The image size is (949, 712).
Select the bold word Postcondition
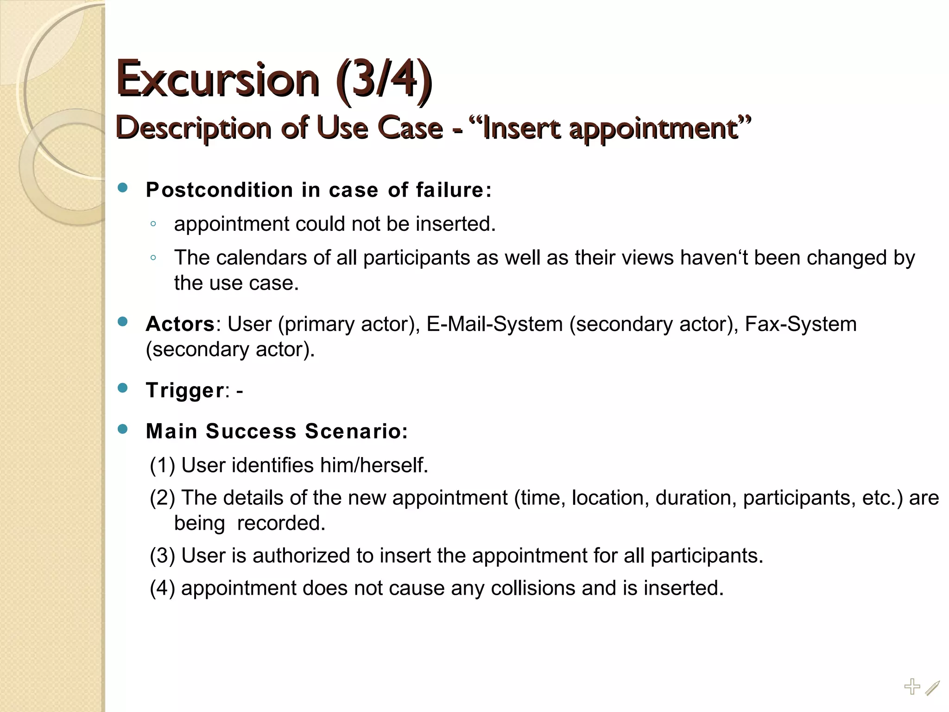click(219, 190)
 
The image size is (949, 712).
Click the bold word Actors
click(180, 324)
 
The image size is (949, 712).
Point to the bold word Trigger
click(185, 390)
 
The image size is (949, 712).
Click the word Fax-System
click(801, 324)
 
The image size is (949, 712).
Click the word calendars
click(261, 258)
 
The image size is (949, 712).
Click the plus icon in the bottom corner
click(912, 687)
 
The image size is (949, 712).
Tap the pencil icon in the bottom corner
click(932, 688)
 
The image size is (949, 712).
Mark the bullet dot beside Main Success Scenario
click(123, 430)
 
